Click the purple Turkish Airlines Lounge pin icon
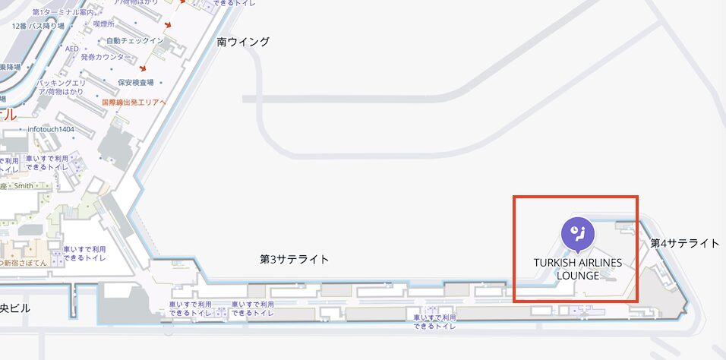tap(577, 232)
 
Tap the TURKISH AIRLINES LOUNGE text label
tap(577, 269)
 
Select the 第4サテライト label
tap(684, 243)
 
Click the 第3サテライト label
tap(295, 259)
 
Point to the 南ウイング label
tap(243, 42)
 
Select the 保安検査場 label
tap(136, 82)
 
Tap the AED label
tap(72, 49)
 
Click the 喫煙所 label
tap(103, 24)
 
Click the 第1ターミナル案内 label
tap(64, 13)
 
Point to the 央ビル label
tap(15, 309)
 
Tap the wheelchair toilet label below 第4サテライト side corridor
tap(434, 321)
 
